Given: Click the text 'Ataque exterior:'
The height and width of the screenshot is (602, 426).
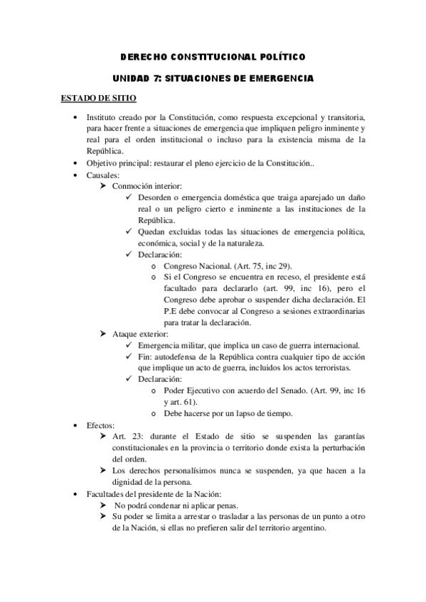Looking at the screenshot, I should (140, 334).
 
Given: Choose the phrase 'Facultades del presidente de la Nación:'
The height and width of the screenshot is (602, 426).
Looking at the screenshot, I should (156, 493).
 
